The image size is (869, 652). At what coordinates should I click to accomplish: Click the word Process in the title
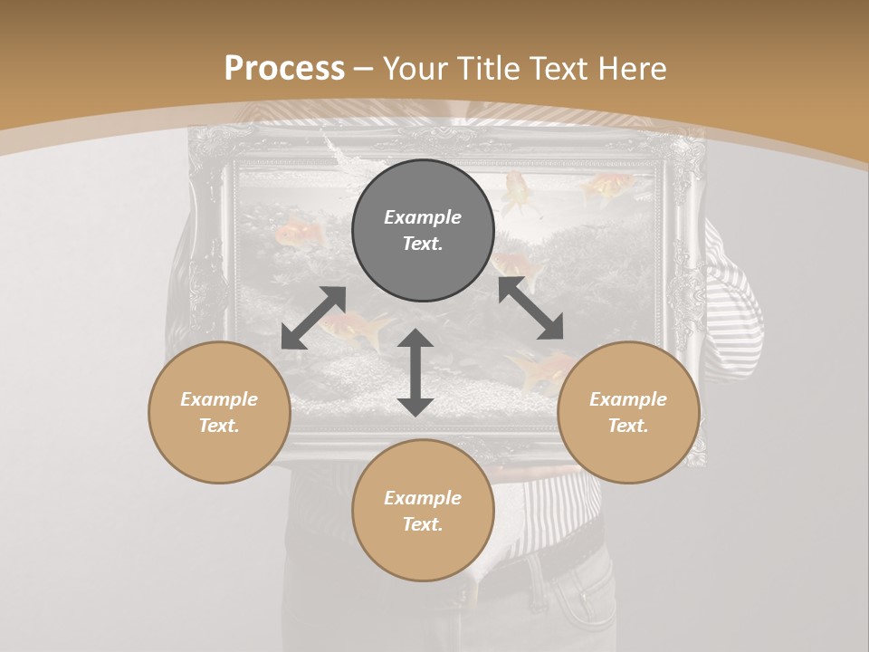point(284,69)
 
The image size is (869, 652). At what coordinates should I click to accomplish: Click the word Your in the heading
point(417,69)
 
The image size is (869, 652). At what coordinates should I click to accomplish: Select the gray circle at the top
point(423,231)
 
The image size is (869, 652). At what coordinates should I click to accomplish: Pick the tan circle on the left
point(219,412)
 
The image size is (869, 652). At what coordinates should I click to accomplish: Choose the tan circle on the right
point(628,412)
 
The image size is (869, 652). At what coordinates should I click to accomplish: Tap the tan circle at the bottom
point(423,510)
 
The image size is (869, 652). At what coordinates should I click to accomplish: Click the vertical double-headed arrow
point(415,372)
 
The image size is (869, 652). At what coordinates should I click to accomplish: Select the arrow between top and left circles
point(313,318)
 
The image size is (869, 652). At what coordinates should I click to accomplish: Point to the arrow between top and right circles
point(531,308)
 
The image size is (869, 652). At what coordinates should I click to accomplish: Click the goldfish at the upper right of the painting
point(603,187)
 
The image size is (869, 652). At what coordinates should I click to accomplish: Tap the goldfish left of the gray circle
point(301,235)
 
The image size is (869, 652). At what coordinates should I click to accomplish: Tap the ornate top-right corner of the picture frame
point(683,154)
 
